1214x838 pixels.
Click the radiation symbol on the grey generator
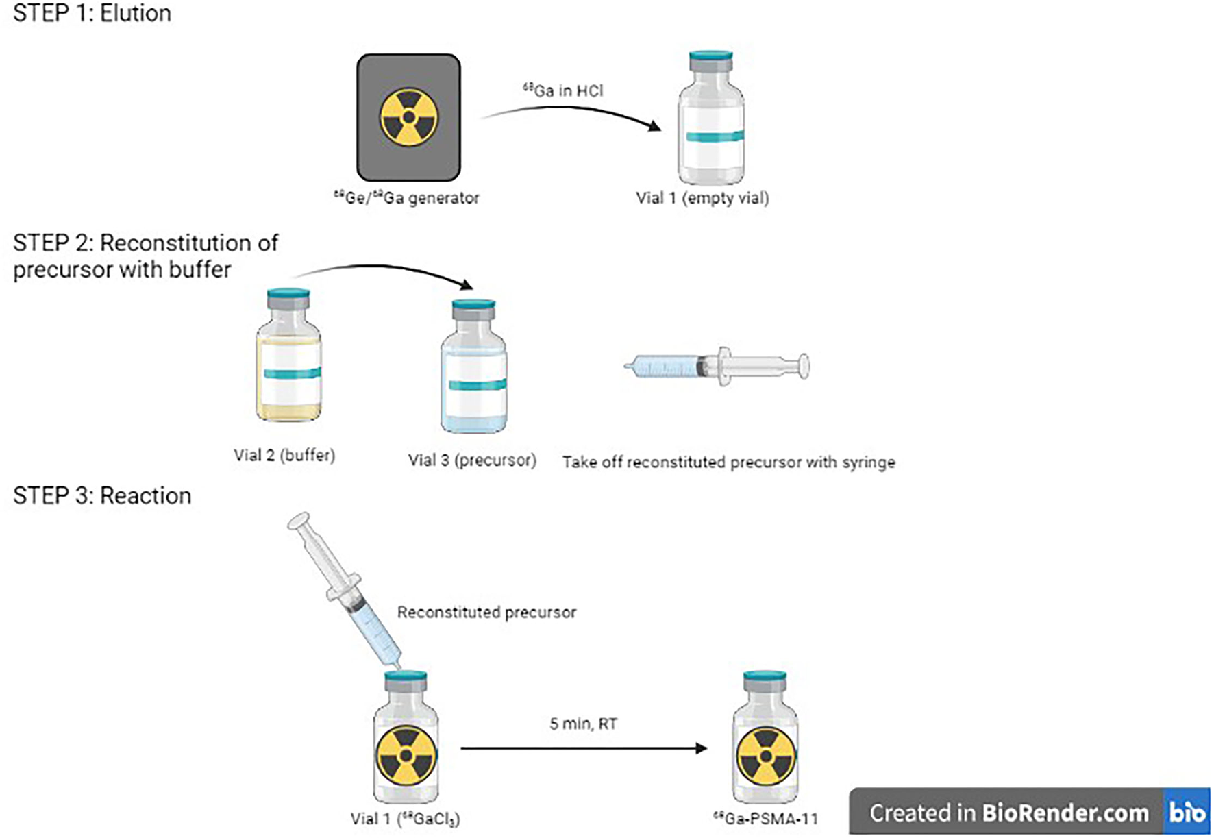pos(408,117)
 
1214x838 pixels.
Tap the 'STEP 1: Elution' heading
pos(92,13)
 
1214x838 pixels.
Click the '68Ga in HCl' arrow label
pos(563,90)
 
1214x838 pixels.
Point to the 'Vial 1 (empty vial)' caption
pos(702,198)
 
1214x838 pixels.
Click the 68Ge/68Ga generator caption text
pos(406,198)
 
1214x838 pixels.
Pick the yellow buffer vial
pos(288,356)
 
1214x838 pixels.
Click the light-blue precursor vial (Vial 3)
pos(474,369)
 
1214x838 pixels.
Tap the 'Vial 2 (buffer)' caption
pos(284,455)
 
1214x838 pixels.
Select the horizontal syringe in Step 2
pos(716,367)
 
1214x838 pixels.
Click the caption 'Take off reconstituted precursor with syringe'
pos(728,463)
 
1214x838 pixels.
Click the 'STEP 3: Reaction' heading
pos(102,495)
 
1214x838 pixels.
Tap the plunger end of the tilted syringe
pos(299,522)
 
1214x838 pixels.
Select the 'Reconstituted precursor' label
pos(486,612)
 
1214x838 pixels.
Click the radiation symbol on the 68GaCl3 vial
pos(406,756)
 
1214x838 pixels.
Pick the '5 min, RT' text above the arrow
pos(583,724)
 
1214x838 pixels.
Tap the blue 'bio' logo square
pos(1187,813)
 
